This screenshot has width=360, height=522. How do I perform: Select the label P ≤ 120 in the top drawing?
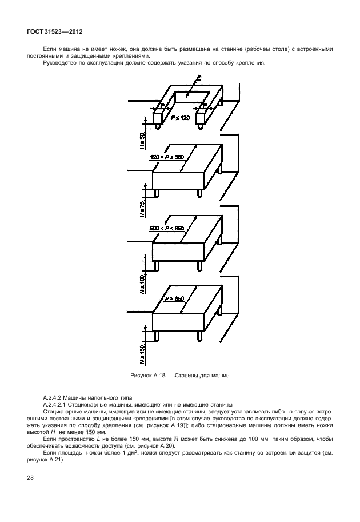tap(180, 117)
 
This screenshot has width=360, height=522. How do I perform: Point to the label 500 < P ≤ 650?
tap(167, 228)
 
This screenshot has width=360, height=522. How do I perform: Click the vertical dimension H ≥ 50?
tap(142, 140)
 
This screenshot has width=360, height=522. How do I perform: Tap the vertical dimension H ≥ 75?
tap(142, 210)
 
